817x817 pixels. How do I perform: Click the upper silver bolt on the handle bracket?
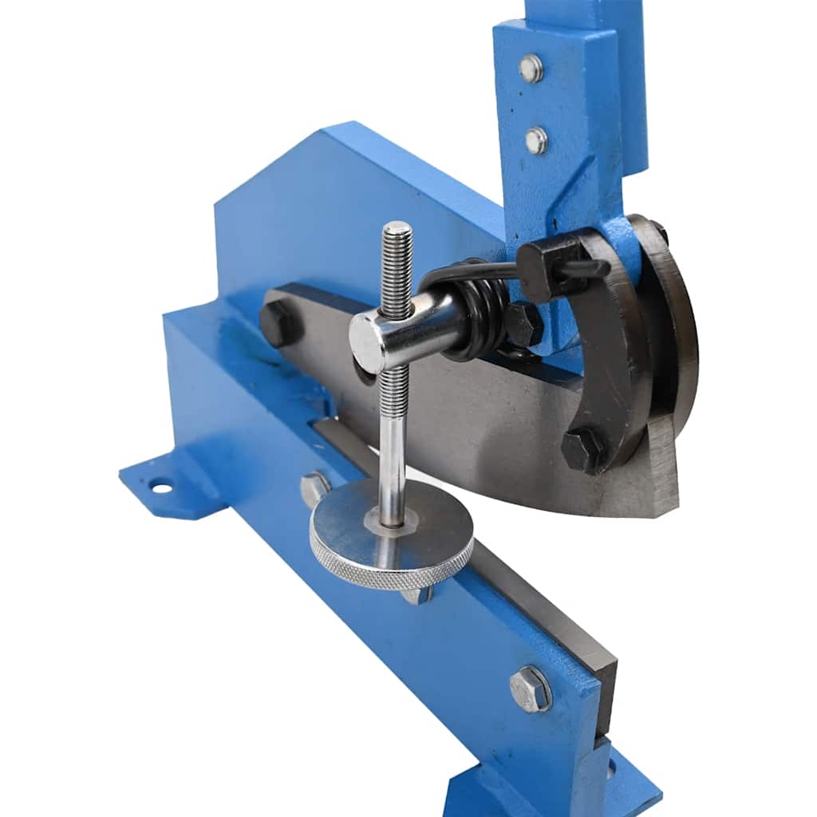click(x=531, y=69)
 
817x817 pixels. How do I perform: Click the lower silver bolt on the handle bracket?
click(x=536, y=140)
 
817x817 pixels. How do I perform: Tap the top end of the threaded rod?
click(x=397, y=230)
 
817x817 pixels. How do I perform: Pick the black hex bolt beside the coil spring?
click(x=523, y=323)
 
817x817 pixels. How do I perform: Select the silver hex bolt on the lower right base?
click(x=531, y=689)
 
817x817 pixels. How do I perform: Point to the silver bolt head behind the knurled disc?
click(x=314, y=487)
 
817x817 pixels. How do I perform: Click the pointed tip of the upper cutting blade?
click(x=670, y=511)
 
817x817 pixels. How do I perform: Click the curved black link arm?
click(x=614, y=351)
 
